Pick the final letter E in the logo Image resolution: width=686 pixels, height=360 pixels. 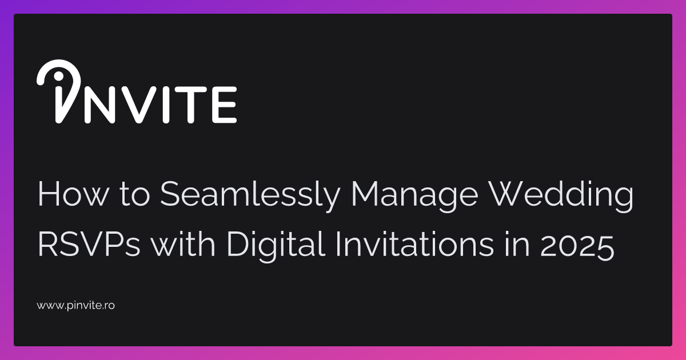click(224, 105)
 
